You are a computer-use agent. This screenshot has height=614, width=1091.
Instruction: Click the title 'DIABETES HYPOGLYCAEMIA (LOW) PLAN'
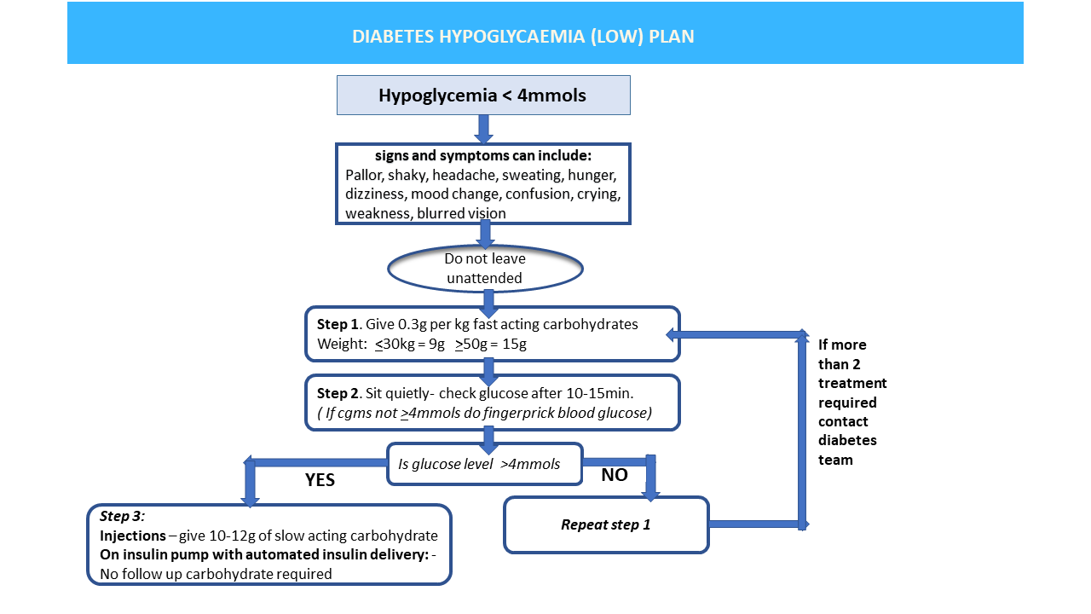click(523, 37)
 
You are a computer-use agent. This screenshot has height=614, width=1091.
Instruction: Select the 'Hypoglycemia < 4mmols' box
click(482, 96)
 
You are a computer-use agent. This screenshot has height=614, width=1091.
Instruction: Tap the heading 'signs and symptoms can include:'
click(483, 157)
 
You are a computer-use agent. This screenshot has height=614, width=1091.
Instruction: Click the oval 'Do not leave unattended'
click(484, 268)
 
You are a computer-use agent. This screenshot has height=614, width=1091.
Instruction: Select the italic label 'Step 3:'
click(123, 516)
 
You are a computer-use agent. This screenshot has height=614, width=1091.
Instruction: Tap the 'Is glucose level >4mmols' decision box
click(483, 465)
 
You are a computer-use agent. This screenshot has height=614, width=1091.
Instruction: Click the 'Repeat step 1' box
click(605, 524)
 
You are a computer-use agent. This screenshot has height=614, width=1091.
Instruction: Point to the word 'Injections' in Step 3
click(132, 536)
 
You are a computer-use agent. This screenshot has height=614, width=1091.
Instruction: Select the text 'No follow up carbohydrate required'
click(216, 574)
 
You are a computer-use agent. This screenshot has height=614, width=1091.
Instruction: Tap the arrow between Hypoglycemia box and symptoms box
click(483, 128)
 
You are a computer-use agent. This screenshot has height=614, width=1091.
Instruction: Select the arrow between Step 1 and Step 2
click(488, 368)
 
